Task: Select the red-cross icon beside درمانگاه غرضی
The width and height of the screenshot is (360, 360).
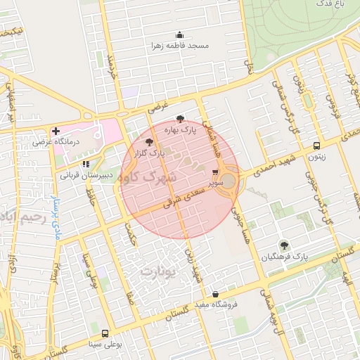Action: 56,131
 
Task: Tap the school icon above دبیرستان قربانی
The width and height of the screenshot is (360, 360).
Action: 86,164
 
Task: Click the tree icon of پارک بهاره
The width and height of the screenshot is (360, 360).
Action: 181,119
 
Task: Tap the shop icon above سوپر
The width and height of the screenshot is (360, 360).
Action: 215,172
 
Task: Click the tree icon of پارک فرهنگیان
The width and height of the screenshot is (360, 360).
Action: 284,245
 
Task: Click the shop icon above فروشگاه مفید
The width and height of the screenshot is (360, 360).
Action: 215,294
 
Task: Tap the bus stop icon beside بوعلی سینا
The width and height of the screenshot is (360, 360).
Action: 105,333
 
